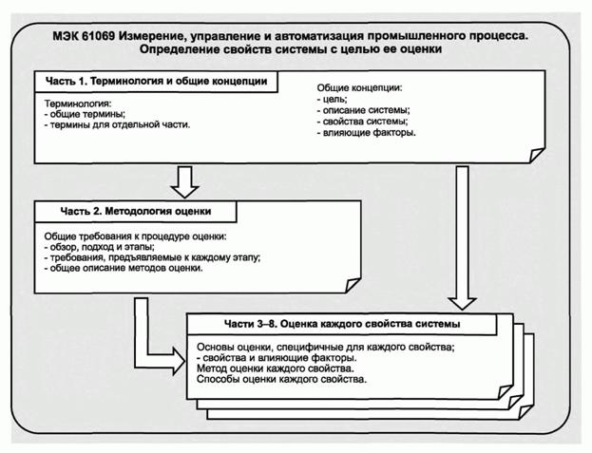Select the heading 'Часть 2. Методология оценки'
click(x=123, y=210)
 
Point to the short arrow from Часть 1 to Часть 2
click(x=185, y=179)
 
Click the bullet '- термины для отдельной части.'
click(x=118, y=124)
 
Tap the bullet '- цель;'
click(x=333, y=99)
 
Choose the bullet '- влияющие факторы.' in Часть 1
click(x=366, y=133)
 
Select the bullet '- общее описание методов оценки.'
click(x=124, y=269)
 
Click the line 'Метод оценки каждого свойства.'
click(x=276, y=368)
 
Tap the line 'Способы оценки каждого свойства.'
click(x=281, y=379)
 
